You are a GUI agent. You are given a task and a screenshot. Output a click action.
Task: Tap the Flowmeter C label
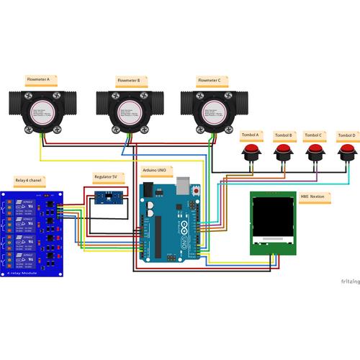pyautogui.click(x=210, y=81)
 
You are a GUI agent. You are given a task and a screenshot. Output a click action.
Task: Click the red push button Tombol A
pyautogui.click(x=251, y=152)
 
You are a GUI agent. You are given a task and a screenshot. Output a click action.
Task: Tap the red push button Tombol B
pyautogui.click(x=283, y=152)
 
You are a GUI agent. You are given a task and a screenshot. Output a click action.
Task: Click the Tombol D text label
pyautogui.click(x=346, y=135)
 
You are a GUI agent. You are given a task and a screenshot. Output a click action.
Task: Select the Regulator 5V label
pyautogui.click(x=109, y=176)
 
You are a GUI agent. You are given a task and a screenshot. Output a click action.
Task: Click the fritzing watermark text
pyautogui.click(x=340, y=279)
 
